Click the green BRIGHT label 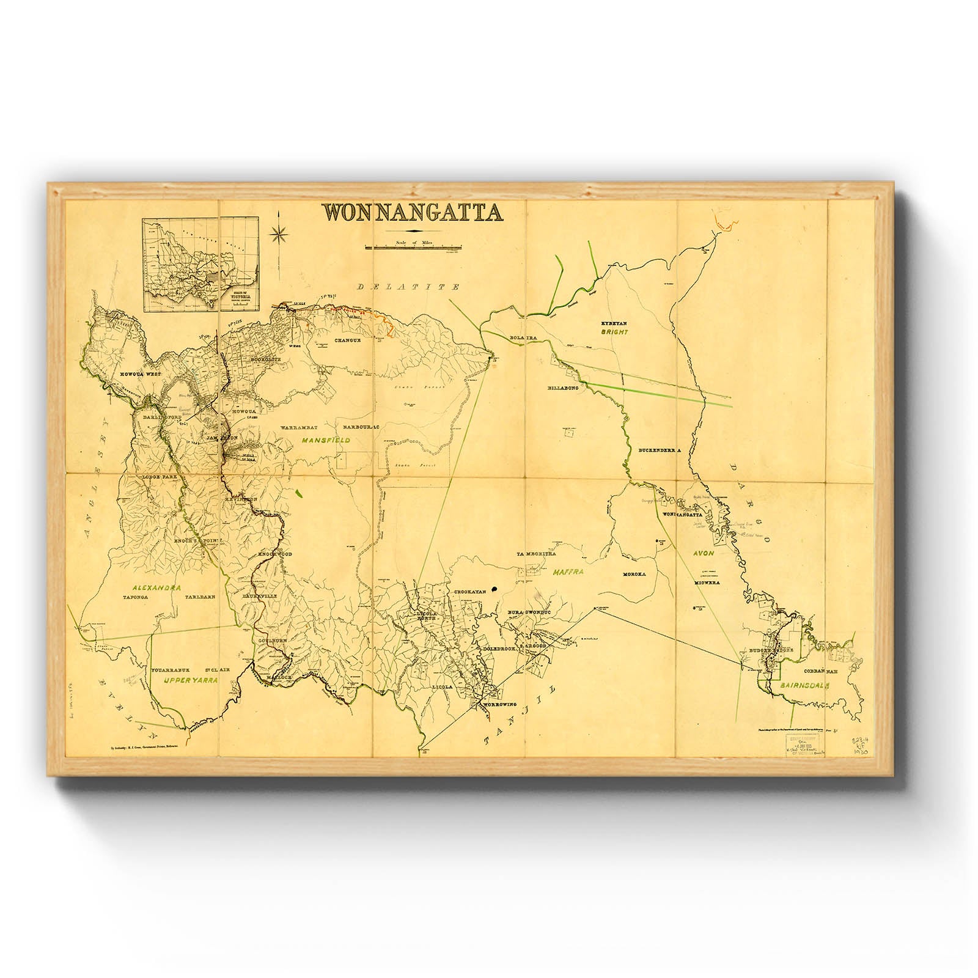[614, 332]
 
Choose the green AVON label [703, 553]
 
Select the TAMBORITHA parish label [536, 554]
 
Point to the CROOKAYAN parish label [469, 592]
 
